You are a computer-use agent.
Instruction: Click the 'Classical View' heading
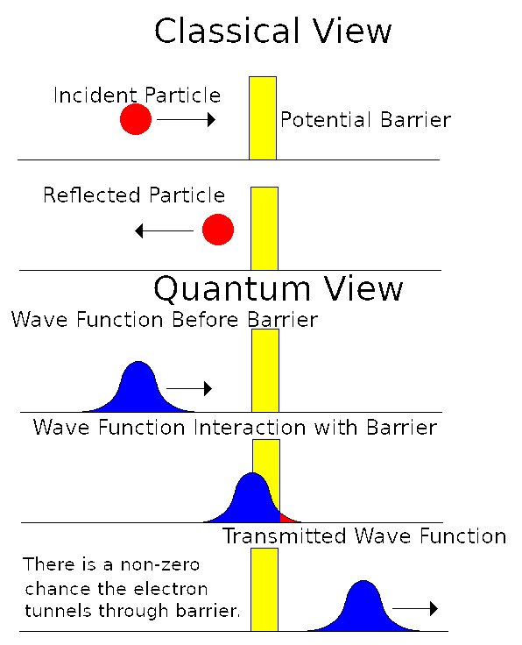(272, 32)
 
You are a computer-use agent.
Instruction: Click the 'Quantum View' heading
(279, 288)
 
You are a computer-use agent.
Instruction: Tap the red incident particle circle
(136, 119)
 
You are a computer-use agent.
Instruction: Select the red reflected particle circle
(217, 230)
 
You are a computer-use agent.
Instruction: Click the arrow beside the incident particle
(186, 120)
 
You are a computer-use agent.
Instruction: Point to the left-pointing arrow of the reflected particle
(164, 231)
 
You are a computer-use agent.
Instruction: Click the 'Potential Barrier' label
(365, 120)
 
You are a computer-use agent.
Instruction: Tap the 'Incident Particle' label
(137, 95)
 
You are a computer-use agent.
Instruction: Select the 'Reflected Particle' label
(134, 195)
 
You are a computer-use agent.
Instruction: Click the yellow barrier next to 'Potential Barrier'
(263, 117)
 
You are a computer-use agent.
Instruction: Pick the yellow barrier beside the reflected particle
(265, 227)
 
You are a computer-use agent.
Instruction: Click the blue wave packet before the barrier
(137, 388)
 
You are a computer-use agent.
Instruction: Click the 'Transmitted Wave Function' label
(364, 536)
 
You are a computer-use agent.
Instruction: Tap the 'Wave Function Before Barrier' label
(164, 320)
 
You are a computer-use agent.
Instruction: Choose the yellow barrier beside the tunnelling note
(265, 589)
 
